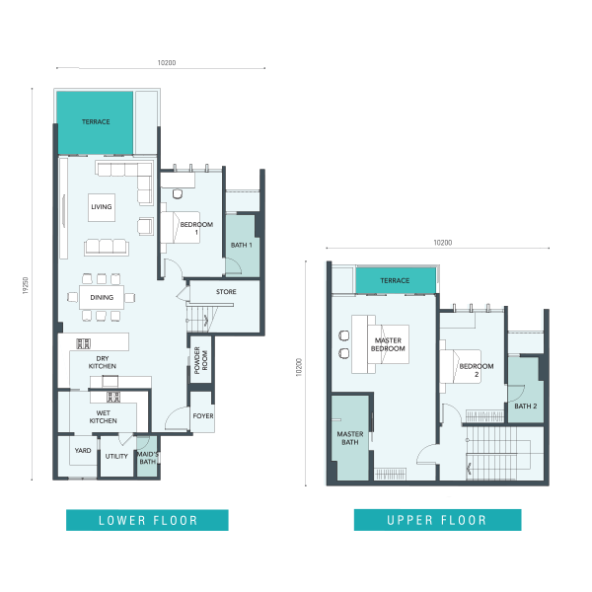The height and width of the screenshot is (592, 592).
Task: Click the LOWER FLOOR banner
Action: (x=147, y=520)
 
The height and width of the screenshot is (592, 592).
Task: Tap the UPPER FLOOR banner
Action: (x=437, y=520)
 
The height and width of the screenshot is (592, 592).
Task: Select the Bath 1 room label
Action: (x=242, y=245)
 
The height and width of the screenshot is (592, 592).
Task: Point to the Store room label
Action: (x=226, y=292)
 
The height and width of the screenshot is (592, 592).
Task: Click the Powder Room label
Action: (x=201, y=360)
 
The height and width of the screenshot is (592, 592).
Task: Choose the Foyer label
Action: (x=203, y=416)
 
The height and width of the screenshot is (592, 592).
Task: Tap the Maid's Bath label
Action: (x=148, y=458)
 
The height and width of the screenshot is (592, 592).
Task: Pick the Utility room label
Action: (x=116, y=456)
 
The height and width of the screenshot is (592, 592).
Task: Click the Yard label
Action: (x=83, y=451)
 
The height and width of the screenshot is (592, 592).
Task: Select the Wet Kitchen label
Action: (x=103, y=416)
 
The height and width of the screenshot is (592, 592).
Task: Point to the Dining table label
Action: (x=102, y=298)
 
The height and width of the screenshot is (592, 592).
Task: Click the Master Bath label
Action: (x=350, y=438)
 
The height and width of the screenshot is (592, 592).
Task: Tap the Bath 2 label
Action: (x=526, y=407)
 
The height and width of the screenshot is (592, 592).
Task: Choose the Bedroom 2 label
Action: (x=477, y=370)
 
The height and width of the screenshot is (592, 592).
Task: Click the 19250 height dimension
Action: (x=26, y=285)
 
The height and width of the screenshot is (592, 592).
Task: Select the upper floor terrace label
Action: (x=395, y=280)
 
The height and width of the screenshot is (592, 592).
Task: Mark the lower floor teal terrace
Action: (x=95, y=122)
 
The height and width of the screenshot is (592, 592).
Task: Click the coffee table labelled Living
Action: (x=102, y=207)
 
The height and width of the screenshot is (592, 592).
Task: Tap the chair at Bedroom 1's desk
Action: (x=178, y=193)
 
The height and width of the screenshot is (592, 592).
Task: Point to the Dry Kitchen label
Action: (x=103, y=362)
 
